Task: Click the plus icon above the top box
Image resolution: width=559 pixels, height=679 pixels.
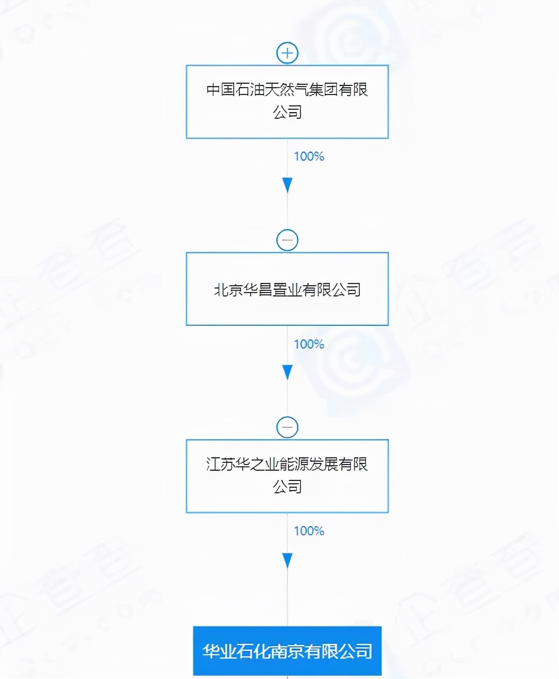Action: tap(287, 53)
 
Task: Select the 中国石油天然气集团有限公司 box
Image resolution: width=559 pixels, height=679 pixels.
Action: tap(287, 102)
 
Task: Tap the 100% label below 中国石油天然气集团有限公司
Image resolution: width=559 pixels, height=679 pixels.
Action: tap(309, 157)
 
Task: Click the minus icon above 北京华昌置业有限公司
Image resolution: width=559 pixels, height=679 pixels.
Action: tap(287, 240)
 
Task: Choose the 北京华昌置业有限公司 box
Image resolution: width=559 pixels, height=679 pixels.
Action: tap(287, 289)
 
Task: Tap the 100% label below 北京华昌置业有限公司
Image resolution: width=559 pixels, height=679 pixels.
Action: tap(309, 344)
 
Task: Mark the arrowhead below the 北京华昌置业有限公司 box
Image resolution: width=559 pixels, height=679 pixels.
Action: tap(287, 372)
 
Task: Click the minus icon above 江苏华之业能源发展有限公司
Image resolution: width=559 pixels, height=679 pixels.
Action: tap(287, 427)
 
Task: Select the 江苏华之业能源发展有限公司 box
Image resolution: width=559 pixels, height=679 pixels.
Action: tap(287, 476)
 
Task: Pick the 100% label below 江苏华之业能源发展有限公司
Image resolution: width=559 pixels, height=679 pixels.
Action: tap(309, 531)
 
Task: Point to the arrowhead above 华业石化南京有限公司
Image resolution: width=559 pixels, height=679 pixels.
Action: tap(287, 560)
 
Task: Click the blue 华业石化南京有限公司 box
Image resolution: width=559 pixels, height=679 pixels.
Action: tap(287, 651)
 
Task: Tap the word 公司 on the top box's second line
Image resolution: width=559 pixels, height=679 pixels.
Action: tap(287, 113)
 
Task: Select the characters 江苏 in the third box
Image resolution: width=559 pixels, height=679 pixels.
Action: tap(221, 465)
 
